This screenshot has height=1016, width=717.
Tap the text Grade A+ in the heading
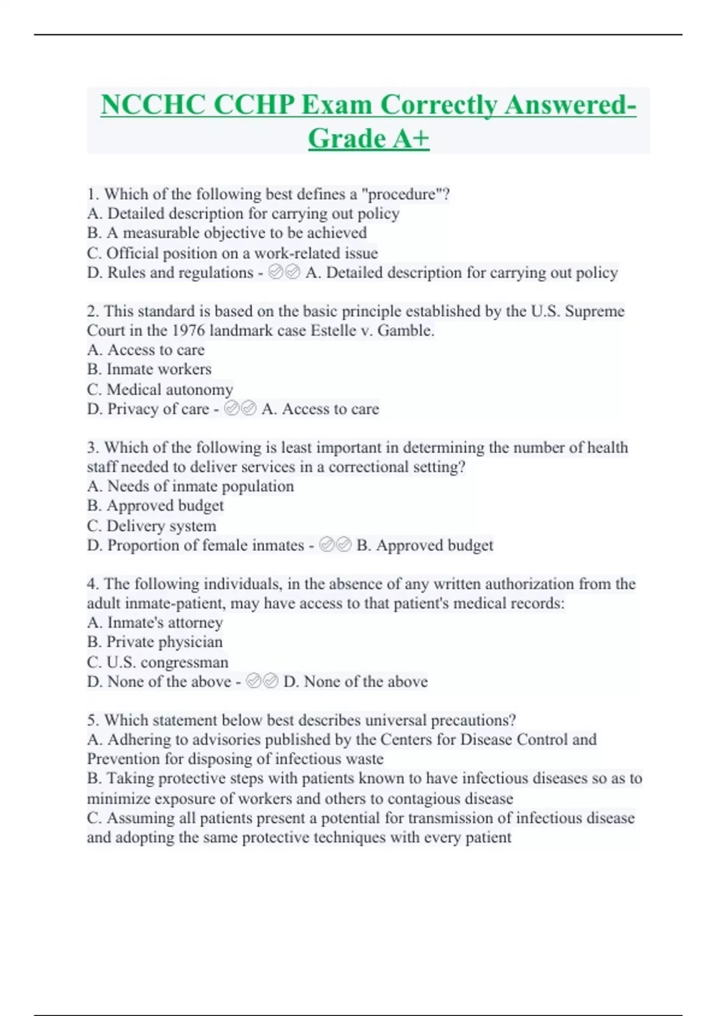(369, 139)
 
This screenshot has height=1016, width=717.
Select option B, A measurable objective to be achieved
(226, 233)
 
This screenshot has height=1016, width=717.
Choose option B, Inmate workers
(149, 369)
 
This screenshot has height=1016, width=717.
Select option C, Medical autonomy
(160, 390)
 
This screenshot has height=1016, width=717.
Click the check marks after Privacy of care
(240, 409)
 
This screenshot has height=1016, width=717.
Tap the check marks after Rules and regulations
(284, 273)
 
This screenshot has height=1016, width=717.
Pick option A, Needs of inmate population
(190, 486)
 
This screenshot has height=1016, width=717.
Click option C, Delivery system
(151, 526)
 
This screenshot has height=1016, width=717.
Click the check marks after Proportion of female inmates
(335, 545)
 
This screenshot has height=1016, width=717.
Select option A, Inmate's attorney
(155, 623)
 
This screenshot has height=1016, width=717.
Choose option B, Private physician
(154, 642)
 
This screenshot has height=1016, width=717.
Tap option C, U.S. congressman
(157, 662)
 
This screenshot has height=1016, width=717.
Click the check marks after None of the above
(262, 681)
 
